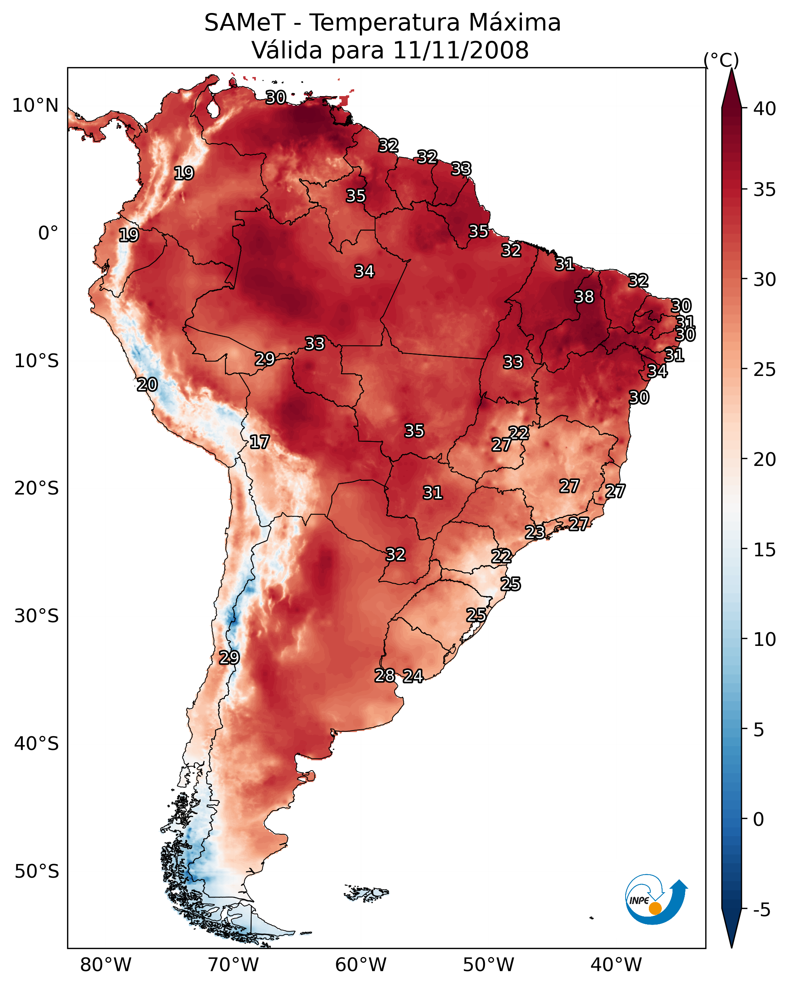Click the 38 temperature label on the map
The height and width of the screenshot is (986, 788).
[x=584, y=297]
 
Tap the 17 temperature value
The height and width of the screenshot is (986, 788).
[x=259, y=442]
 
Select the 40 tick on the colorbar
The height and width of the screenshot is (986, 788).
[x=765, y=109]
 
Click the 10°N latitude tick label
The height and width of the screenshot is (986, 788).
[x=35, y=106]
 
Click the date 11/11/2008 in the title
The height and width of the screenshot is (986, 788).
[x=461, y=50]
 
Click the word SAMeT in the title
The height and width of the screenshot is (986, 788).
[x=245, y=22]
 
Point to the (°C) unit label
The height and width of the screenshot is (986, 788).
[x=721, y=60]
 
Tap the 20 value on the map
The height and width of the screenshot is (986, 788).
[x=147, y=385]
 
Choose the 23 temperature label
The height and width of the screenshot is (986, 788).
[x=534, y=532]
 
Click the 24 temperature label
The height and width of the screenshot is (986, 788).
[x=413, y=676]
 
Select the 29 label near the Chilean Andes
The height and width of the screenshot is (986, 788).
[x=229, y=657]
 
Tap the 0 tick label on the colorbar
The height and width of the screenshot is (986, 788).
[x=759, y=819]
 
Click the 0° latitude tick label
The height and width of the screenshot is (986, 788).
[x=48, y=233]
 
